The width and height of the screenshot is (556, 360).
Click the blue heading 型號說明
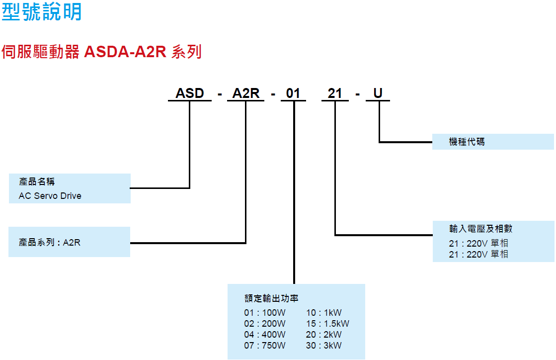(42, 12)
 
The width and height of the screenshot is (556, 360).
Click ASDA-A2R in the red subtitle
(125, 52)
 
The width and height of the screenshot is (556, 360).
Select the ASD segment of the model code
(190, 93)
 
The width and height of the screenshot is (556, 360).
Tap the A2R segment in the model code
(246, 93)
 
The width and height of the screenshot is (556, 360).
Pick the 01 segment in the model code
(293, 93)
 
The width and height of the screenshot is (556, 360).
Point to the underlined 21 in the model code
(335, 93)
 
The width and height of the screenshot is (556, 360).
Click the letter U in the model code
(378, 93)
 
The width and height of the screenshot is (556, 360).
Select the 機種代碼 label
(467, 142)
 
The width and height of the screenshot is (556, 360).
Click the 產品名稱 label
(37, 182)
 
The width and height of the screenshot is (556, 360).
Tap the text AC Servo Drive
(50, 196)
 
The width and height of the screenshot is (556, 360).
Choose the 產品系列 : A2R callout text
(50, 243)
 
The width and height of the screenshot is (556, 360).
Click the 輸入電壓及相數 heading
(480, 229)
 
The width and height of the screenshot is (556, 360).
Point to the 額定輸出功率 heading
(271, 298)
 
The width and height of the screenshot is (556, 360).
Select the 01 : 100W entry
(265, 313)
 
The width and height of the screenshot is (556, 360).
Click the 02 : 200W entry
(265, 324)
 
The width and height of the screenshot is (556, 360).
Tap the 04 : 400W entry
(265, 335)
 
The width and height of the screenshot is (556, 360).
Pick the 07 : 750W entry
(265, 346)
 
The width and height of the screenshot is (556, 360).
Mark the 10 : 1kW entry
(323, 313)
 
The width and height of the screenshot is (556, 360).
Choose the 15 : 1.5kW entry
(327, 324)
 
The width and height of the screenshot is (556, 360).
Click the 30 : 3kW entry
(323, 346)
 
